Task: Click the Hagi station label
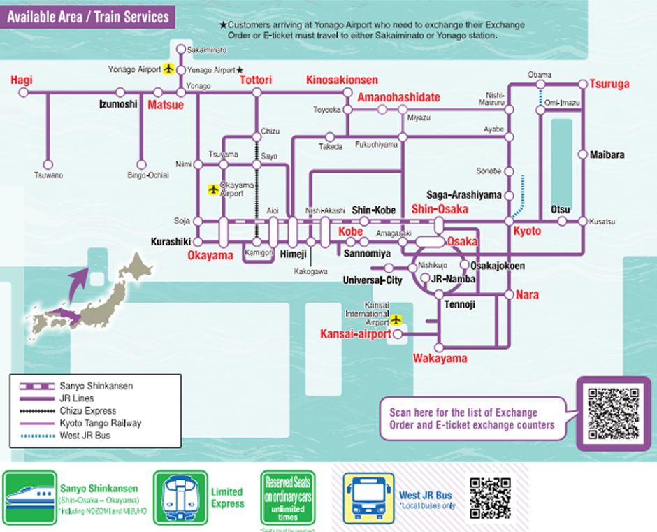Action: point(22,80)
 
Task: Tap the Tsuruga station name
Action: point(609,84)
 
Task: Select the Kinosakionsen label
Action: point(342,80)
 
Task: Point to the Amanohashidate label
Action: point(398,98)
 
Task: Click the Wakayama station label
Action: point(440,359)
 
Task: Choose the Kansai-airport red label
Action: point(355,334)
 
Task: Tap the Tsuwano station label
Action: point(48,175)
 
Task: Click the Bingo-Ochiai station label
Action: point(148,175)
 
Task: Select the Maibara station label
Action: point(607,154)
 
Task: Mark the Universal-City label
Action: point(373,280)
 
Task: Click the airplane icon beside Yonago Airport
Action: point(168,69)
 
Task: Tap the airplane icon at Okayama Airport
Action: point(213,189)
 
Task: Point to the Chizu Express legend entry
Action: point(87,411)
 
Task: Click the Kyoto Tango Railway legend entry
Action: point(100,424)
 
